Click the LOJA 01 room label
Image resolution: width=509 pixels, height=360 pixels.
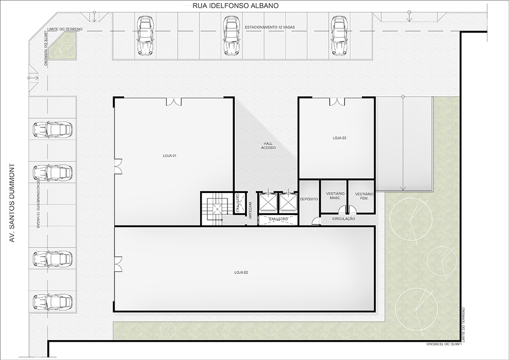pos(169,156)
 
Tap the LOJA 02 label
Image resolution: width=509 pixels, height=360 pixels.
pos(241,273)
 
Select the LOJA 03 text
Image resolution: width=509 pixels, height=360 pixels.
pos(339,138)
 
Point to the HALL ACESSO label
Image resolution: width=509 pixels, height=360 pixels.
pos(268,146)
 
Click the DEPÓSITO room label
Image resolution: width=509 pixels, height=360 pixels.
pos(309,199)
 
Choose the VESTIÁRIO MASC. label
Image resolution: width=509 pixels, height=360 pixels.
pos(335,196)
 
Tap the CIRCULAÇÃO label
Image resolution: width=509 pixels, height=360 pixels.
pos(344,219)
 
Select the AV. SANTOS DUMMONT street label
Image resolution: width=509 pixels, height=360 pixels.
pos(12,203)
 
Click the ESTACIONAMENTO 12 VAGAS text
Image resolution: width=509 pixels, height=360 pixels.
pos(270,27)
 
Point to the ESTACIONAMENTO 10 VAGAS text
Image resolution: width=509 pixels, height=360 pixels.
pos(38,203)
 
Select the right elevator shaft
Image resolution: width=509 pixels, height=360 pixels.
pos(288,202)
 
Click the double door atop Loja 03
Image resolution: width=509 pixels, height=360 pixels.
pos(337,102)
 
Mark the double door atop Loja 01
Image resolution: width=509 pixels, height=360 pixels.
pos(174,102)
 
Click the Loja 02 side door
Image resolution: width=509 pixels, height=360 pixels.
pos(118,264)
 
